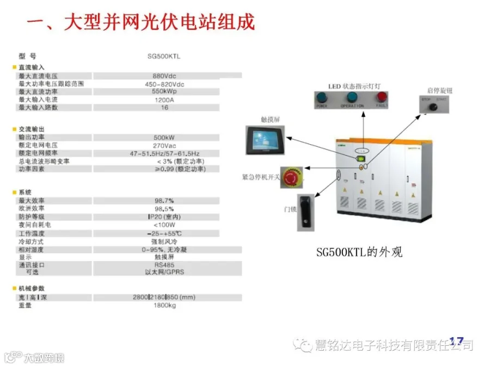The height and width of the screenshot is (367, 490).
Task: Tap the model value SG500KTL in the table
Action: pyautogui.click(x=164, y=56)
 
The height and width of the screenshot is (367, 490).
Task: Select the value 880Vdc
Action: pyautogui.click(x=164, y=76)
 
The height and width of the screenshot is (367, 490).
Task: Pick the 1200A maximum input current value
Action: pyautogui.click(x=164, y=100)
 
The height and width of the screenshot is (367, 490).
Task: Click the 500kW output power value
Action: pyautogui.click(x=164, y=138)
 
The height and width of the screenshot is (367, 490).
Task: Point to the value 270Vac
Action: pyautogui.click(x=164, y=145)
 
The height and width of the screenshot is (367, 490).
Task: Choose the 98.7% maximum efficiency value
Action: pyautogui.click(x=164, y=201)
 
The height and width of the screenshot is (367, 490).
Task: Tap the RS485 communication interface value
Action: pyautogui.click(x=164, y=265)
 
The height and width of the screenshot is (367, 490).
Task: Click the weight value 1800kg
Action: pyautogui.click(x=164, y=306)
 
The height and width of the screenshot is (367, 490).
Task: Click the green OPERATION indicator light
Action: pyautogui.click(x=352, y=98)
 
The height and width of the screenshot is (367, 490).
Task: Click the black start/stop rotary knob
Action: pyautogui.click(x=434, y=107)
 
